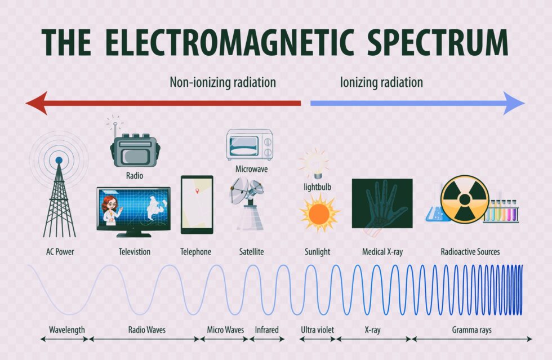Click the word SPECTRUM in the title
coord(438,42)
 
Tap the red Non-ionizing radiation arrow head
coord(36,103)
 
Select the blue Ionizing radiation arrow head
coord(514,103)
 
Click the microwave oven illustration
coord(250,145)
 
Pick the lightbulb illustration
coord(315,163)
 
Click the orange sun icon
coord(319,213)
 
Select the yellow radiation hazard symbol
coord(465,199)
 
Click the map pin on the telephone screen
coord(197,191)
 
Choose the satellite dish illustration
coord(248,203)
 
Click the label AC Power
coord(60,251)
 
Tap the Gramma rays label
coord(472,330)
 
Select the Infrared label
coord(266,330)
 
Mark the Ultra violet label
coord(317,330)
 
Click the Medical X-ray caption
coord(382,251)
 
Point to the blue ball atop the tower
coord(59,160)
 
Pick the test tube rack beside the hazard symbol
coord(501,211)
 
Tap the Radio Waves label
coord(147,330)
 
